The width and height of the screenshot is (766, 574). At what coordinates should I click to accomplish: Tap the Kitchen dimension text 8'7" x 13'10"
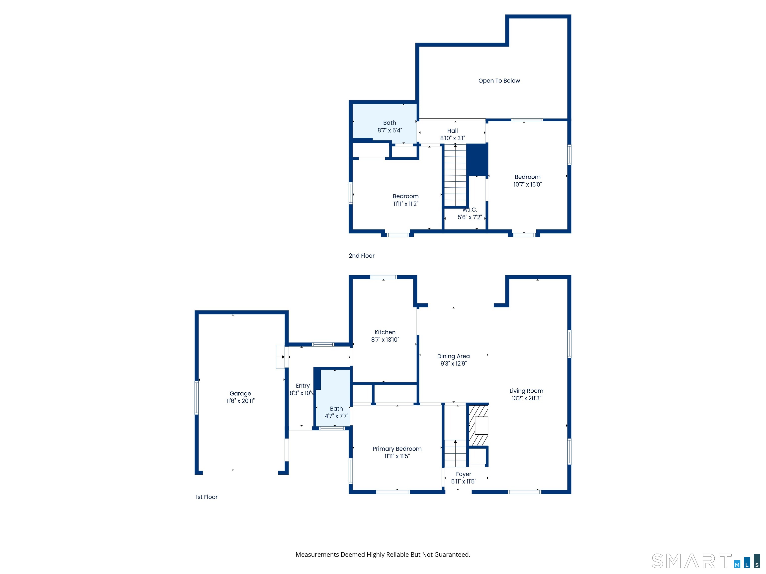click(385, 340)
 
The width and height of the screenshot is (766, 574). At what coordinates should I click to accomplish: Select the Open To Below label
click(499, 81)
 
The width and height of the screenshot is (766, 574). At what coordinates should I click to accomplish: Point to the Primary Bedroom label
click(397, 449)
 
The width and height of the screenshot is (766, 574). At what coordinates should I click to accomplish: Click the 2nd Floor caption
click(362, 256)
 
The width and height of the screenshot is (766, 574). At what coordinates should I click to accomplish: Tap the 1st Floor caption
click(206, 497)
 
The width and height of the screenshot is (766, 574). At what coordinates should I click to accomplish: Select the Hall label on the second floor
click(452, 131)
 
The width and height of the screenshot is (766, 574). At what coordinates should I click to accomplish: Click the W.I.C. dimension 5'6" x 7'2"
click(470, 217)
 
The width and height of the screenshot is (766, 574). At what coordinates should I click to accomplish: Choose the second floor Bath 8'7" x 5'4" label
click(389, 126)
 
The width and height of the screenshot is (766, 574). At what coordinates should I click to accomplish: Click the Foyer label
click(463, 474)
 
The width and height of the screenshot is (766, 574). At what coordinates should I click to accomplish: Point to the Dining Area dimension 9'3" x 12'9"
click(453, 364)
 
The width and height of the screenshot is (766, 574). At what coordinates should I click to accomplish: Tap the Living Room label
click(526, 391)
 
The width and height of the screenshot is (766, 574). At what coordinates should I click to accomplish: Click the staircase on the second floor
click(455, 176)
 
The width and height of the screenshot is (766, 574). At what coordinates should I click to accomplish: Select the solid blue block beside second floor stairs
click(477, 159)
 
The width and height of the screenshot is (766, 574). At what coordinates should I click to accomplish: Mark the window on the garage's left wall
click(197, 398)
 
